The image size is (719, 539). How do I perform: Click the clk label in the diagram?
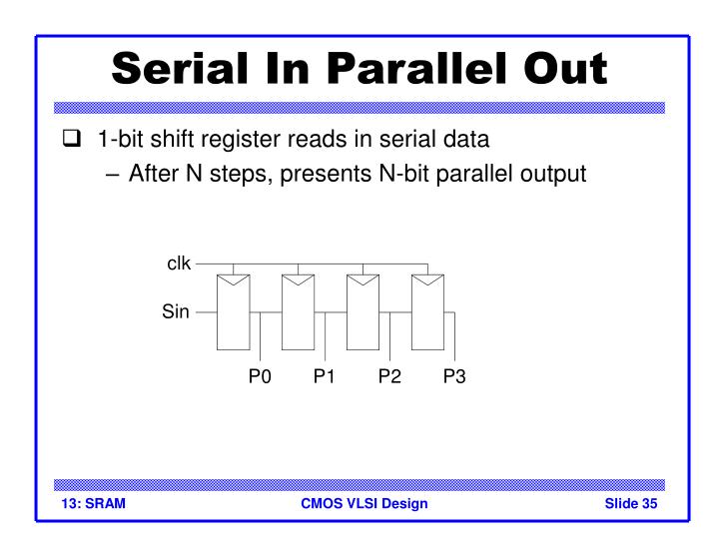177,265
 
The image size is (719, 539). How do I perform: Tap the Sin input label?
175,312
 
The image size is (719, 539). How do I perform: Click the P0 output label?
260,376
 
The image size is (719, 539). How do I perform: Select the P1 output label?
324,376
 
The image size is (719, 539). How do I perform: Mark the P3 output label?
454,376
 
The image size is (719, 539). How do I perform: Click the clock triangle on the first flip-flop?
233,279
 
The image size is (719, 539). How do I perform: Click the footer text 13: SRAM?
89,503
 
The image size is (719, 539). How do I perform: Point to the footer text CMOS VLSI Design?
363,503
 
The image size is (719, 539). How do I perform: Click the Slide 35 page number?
631,503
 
